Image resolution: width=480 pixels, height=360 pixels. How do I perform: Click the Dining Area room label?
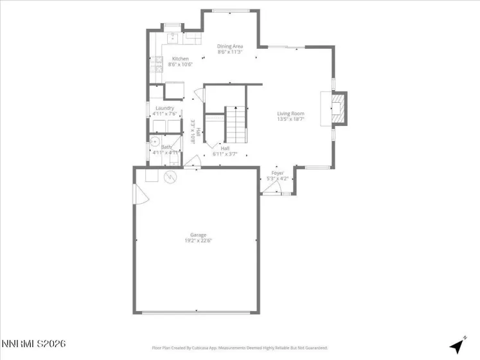point(229,46)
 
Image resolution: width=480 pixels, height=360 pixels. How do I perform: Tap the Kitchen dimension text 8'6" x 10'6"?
point(180,64)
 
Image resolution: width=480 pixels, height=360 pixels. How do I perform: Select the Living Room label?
point(290,113)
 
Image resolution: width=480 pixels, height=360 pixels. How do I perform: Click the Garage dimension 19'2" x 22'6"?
point(198,240)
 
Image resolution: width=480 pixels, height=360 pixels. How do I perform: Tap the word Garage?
point(198,235)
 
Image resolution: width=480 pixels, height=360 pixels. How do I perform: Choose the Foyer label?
point(277,173)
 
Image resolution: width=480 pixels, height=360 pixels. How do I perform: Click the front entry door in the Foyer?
point(276,188)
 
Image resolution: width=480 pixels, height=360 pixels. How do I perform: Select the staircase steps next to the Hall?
point(236,126)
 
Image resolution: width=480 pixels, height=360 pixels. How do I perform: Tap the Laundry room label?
point(164,108)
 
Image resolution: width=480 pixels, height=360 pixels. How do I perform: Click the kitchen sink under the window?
point(173,38)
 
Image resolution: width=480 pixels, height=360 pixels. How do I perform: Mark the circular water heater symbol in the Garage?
point(170,177)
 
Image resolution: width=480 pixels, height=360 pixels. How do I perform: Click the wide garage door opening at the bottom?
point(197,312)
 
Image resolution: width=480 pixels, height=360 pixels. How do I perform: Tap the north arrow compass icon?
point(457,345)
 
